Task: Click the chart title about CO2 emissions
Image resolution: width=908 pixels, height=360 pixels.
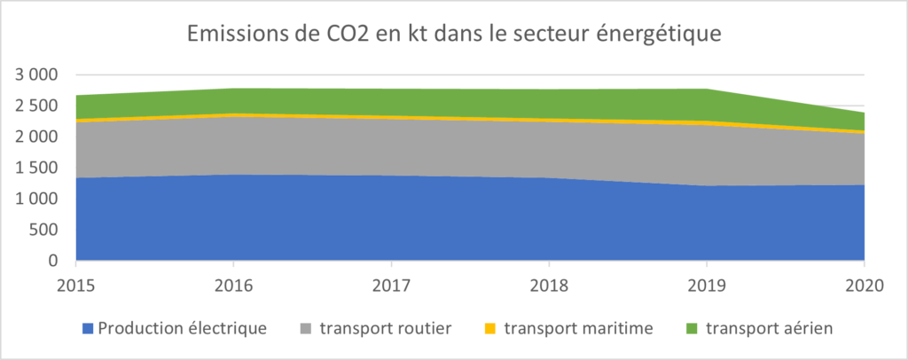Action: coord(454,35)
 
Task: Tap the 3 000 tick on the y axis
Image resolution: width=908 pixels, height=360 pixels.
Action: coord(36,74)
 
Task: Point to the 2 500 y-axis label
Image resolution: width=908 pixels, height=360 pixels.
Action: coord(36,106)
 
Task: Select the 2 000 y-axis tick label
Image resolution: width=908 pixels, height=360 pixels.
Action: coord(36,137)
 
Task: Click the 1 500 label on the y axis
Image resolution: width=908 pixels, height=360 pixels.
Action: coord(36,168)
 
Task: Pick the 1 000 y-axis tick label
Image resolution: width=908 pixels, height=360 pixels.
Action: coord(36,199)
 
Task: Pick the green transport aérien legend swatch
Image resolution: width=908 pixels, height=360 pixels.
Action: coord(693,329)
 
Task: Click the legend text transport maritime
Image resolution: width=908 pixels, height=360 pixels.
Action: coord(578,328)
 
